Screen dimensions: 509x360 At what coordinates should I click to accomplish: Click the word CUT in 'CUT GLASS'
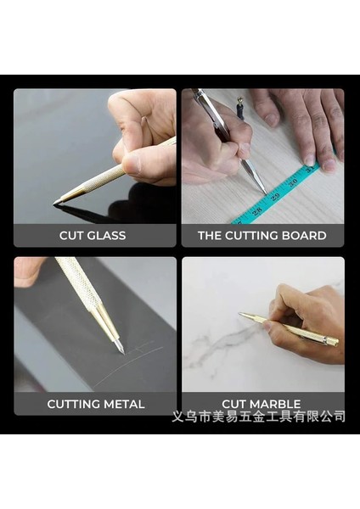pyautogui.click(x=72, y=235)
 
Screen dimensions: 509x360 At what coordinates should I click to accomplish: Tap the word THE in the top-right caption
pyautogui.click(x=211, y=235)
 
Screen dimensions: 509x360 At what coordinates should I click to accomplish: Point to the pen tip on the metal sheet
pyautogui.click(x=121, y=350)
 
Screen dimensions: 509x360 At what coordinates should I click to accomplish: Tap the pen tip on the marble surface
pyautogui.click(x=240, y=315)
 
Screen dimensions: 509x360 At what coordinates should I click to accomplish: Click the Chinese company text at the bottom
pyautogui.click(x=258, y=416)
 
